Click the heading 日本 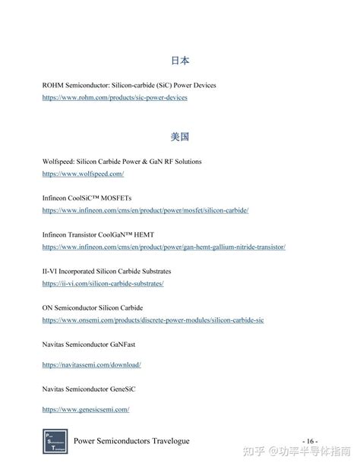click(x=180, y=61)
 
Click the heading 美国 click(x=180, y=137)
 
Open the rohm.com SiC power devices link click(x=115, y=98)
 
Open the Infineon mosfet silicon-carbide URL click(x=145, y=210)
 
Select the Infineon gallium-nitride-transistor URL click(x=163, y=247)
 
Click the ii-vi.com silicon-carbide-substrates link click(x=103, y=283)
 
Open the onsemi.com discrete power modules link click(x=153, y=320)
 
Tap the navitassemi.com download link click(x=92, y=364)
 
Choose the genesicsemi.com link click(x=86, y=409)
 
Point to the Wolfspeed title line click(x=122, y=162)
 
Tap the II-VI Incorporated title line click(x=106, y=271)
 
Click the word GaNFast click(x=124, y=344)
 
